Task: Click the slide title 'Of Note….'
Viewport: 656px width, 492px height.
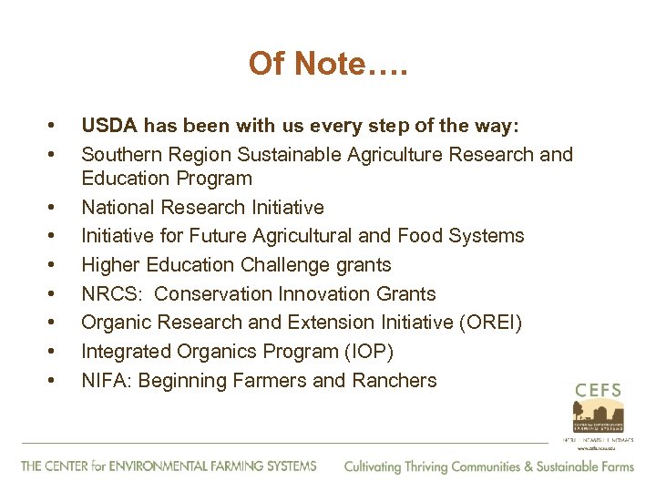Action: tap(327, 63)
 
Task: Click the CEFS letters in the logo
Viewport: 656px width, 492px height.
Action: tap(598, 391)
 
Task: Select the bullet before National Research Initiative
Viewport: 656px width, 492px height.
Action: tap(57, 207)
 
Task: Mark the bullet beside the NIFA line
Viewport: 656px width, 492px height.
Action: tap(57, 381)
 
